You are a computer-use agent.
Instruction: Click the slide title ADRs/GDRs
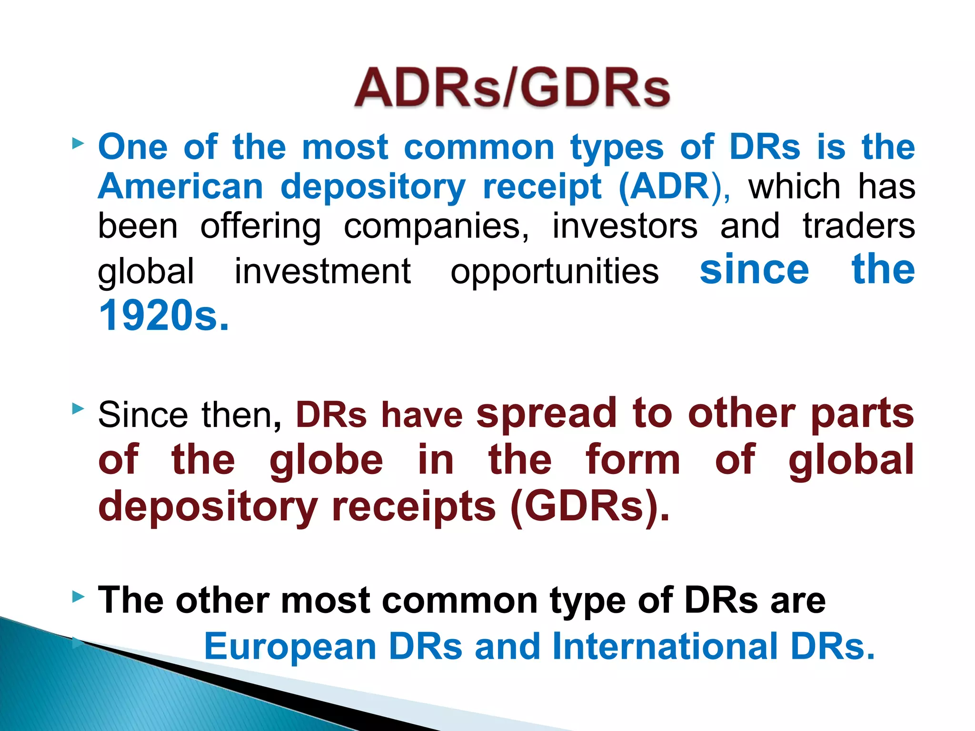click(x=512, y=89)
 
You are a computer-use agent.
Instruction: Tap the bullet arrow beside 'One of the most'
click(x=78, y=143)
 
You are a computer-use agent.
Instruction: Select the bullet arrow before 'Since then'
click(x=78, y=409)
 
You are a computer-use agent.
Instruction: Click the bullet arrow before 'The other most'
click(x=78, y=596)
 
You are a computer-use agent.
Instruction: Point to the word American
click(x=180, y=187)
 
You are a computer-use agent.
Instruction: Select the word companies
click(x=436, y=227)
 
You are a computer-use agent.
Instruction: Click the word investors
click(x=625, y=227)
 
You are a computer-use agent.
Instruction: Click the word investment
click(x=323, y=271)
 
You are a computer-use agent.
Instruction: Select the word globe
click(x=326, y=460)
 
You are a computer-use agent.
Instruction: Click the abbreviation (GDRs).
click(x=589, y=506)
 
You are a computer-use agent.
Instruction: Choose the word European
click(x=290, y=646)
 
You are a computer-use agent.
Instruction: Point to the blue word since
click(x=754, y=269)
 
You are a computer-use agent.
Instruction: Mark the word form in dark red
click(x=633, y=460)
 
